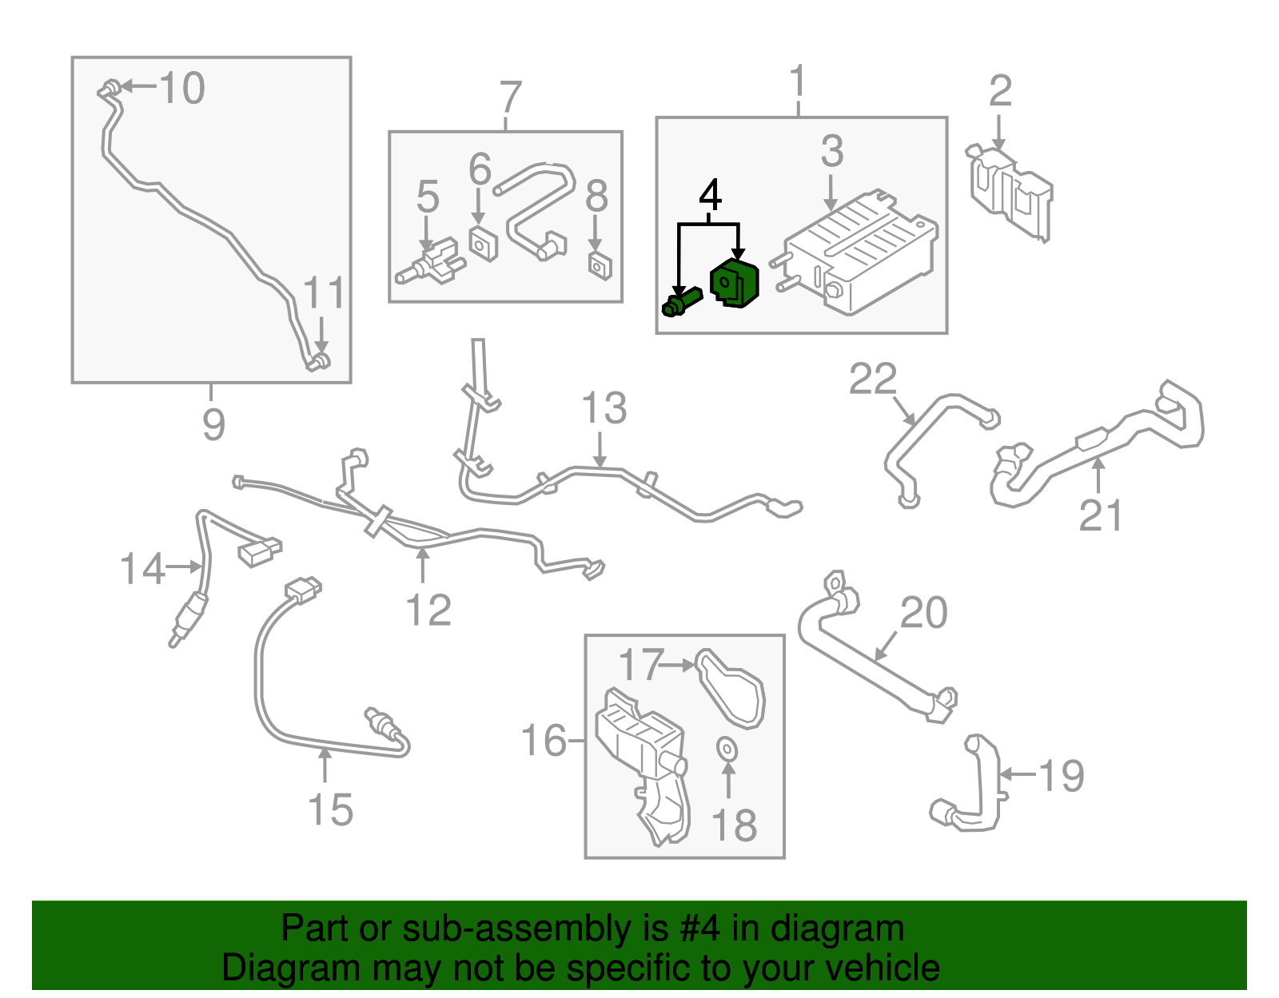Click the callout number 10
tap(182, 88)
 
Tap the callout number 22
tap(872, 380)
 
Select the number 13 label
tap(604, 408)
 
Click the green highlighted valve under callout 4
tap(735, 283)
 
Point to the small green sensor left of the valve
tap(681, 301)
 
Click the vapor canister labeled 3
tap(860, 252)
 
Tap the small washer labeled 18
tap(727, 749)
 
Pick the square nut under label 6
tap(484, 243)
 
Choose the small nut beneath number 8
tap(600, 266)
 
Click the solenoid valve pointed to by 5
tap(430, 262)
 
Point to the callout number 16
tap(544, 741)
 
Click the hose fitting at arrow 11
tap(320, 361)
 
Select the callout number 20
tap(924, 613)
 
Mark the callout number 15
tap(330, 809)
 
